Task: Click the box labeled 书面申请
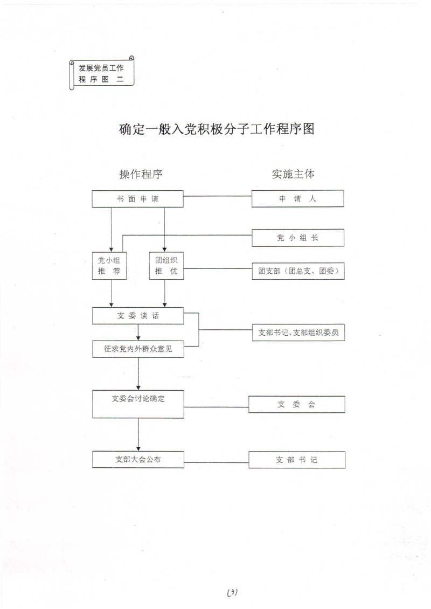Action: point(137,199)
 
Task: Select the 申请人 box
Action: point(297,199)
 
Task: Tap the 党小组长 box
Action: point(297,237)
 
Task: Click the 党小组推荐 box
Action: point(109,266)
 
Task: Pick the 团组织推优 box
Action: point(166,266)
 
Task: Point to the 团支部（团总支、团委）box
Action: point(297,272)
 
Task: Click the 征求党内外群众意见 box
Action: point(138,349)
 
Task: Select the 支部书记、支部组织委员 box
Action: point(297,333)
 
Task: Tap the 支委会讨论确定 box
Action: point(138,404)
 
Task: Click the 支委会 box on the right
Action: point(296,404)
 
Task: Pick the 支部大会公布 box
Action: point(138,460)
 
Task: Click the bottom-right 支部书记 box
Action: point(296,460)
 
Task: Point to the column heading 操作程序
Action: point(141,174)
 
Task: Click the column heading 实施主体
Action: point(293,174)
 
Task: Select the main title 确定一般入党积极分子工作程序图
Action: point(216,130)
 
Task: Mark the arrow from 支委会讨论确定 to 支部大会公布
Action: point(138,434)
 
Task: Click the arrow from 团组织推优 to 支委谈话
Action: point(164,294)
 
